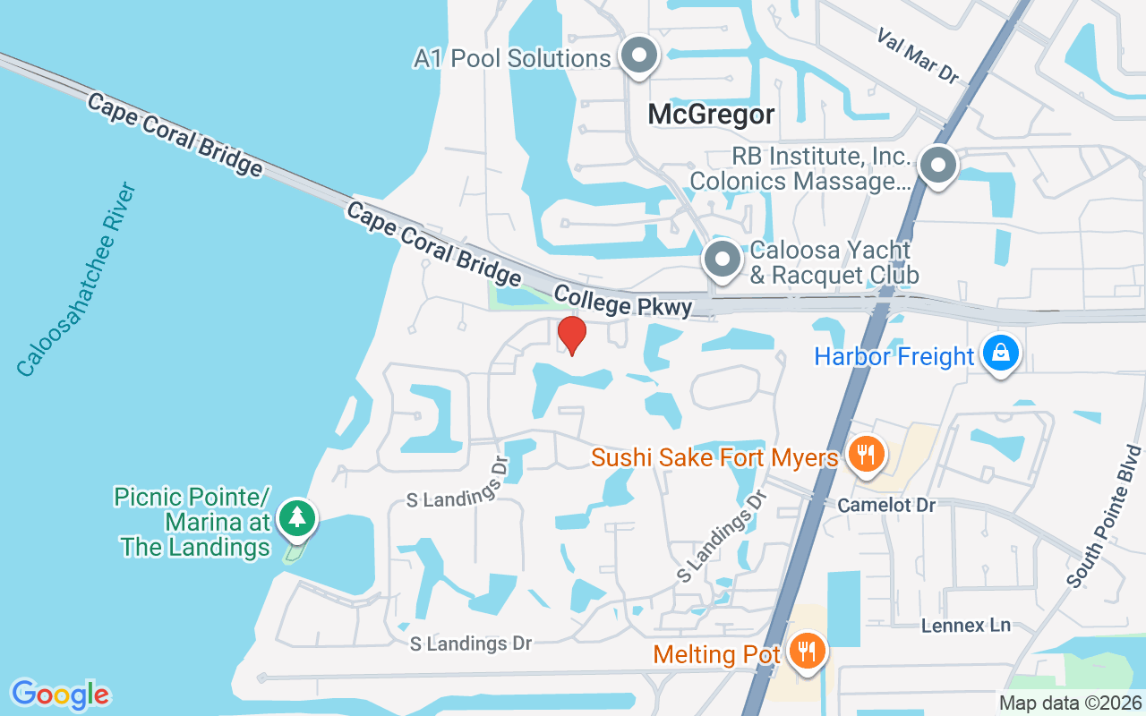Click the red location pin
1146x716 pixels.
571,336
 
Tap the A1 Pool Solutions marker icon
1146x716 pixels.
639,55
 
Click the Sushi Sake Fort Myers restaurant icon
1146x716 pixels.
865,455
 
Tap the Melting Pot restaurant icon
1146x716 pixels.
808,650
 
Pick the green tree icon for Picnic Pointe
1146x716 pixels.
296,517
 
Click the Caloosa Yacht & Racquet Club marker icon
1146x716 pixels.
722,260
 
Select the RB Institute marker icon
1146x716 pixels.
937,166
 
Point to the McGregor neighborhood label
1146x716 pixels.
711,115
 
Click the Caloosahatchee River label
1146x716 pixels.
76,279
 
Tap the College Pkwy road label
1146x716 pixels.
623,301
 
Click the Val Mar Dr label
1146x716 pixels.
918,55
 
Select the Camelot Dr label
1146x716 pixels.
886,506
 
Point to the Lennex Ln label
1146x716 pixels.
966,625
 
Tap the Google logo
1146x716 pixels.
60,695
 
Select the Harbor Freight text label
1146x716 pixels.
894,356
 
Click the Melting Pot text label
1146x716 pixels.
717,654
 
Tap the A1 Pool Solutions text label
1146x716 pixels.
512,59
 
